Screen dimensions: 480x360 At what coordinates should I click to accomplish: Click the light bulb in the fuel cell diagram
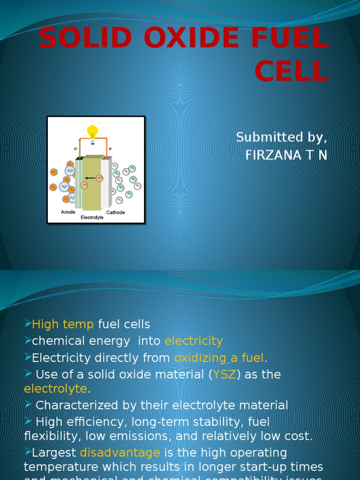point(93,132)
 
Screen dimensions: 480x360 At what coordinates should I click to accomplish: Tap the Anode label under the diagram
point(68,212)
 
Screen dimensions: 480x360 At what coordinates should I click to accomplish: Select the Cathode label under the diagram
point(115,212)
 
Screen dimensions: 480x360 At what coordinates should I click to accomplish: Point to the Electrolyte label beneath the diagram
point(92,218)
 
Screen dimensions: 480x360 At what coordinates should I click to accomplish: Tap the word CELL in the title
point(291,72)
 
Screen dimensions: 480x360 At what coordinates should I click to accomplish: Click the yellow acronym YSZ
point(225,375)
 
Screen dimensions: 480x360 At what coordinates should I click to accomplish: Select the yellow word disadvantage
point(120,453)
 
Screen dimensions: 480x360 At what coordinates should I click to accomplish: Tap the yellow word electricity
point(194,341)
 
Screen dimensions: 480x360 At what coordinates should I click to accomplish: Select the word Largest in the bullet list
point(54,453)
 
